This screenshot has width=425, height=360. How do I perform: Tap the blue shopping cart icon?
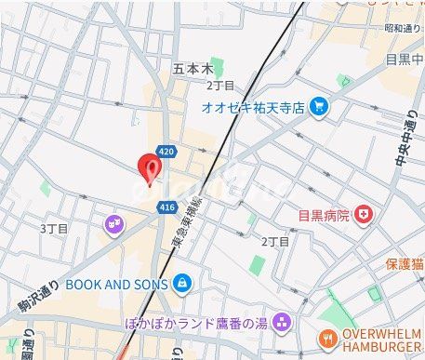click(319, 107)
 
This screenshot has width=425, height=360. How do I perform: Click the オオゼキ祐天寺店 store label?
click(253, 107)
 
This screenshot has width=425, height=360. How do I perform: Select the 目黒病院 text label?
click(324, 216)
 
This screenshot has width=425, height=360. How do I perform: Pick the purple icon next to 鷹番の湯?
click(282, 324)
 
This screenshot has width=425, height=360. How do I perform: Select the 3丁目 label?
click(52, 228)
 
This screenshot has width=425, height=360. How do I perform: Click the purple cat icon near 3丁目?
click(113, 223)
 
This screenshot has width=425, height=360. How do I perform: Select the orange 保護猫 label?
click(405, 264)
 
